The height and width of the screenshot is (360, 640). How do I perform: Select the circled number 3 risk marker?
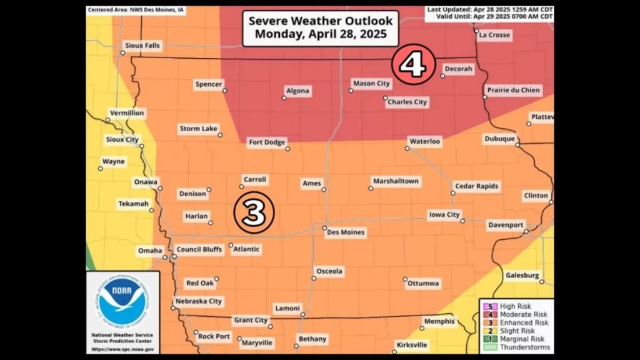tap(254, 213)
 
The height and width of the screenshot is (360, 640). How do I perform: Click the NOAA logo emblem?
tap(123, 302)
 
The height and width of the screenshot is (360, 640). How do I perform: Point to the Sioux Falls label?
tap(142, 46)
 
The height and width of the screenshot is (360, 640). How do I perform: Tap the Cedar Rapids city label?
tap(476, 186)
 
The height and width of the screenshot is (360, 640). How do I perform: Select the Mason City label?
tap(371, 83)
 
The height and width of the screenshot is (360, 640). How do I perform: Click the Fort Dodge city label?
tap(267, 142)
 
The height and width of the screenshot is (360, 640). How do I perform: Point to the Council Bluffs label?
tap(199, 249)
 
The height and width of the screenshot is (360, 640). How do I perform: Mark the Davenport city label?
tap(506, 224)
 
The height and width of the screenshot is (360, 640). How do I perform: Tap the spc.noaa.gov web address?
tap(122, 349)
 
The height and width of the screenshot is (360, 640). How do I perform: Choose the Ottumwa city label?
tap(423, 283)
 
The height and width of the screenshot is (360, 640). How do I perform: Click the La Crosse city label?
tap(494, 35)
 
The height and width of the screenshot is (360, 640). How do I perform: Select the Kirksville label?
tap(412, 344)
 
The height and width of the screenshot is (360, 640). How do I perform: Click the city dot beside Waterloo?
tap(407, 149)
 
